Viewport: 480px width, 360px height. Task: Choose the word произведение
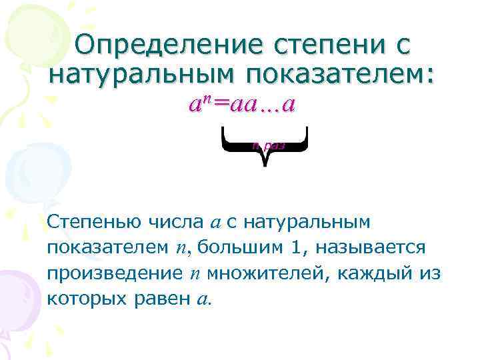(x=109, y=274)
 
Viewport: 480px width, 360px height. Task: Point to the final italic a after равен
(x=203, y=299)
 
